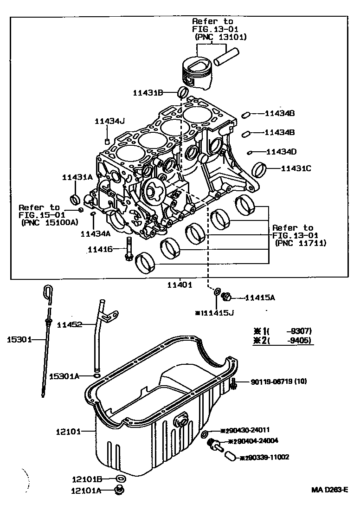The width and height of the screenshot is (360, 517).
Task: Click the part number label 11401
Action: point(180,285)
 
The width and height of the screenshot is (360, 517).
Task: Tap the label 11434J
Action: point(110,121)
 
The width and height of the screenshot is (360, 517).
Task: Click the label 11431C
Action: point(296,168)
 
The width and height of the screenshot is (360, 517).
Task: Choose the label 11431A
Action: point(77,177)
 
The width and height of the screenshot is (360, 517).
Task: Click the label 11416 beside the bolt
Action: point(100,250)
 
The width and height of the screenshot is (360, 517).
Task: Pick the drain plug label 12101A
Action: point(86,490)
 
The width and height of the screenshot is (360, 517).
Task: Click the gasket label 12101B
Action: point(87,478)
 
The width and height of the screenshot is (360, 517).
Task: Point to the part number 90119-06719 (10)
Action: point(279,382)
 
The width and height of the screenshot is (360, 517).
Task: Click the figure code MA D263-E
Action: point(329,490)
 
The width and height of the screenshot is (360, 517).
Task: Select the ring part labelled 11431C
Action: point(261,170)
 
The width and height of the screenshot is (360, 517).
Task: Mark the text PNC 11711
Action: point(301,243)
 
